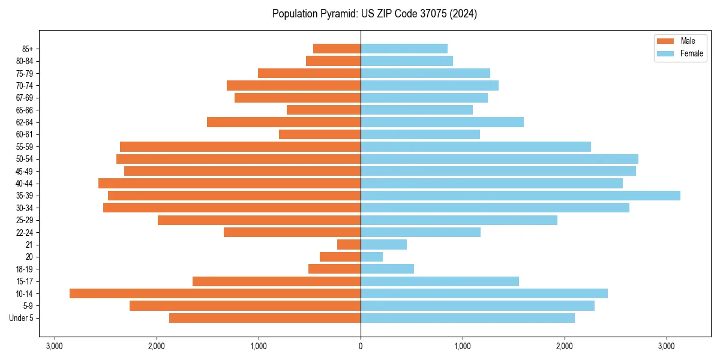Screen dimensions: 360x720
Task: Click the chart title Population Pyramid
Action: (374, 14)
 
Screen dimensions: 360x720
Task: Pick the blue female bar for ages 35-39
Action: (520, 196)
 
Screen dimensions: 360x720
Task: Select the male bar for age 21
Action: (349, 244)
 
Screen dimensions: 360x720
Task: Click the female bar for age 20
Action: (371, 257)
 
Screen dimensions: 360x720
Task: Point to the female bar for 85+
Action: (404, 49)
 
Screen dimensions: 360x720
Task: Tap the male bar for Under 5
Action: (265, 318)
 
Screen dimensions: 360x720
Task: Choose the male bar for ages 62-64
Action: (284, 122)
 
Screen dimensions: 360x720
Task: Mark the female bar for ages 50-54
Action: (499, 159)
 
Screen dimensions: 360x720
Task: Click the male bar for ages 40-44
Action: (229, 183)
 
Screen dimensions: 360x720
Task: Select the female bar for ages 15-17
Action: (440, 281)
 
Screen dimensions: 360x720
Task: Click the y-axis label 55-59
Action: (23, 147)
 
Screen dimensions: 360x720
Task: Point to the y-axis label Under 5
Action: (22, 318)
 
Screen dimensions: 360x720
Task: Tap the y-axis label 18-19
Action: (23, 269)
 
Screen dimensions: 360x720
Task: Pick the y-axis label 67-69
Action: (23, 98)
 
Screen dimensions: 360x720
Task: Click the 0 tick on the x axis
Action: (361, 346)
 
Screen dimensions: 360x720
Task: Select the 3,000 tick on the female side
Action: (667, 346)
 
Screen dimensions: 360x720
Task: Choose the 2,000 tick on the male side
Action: (157, 346)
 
